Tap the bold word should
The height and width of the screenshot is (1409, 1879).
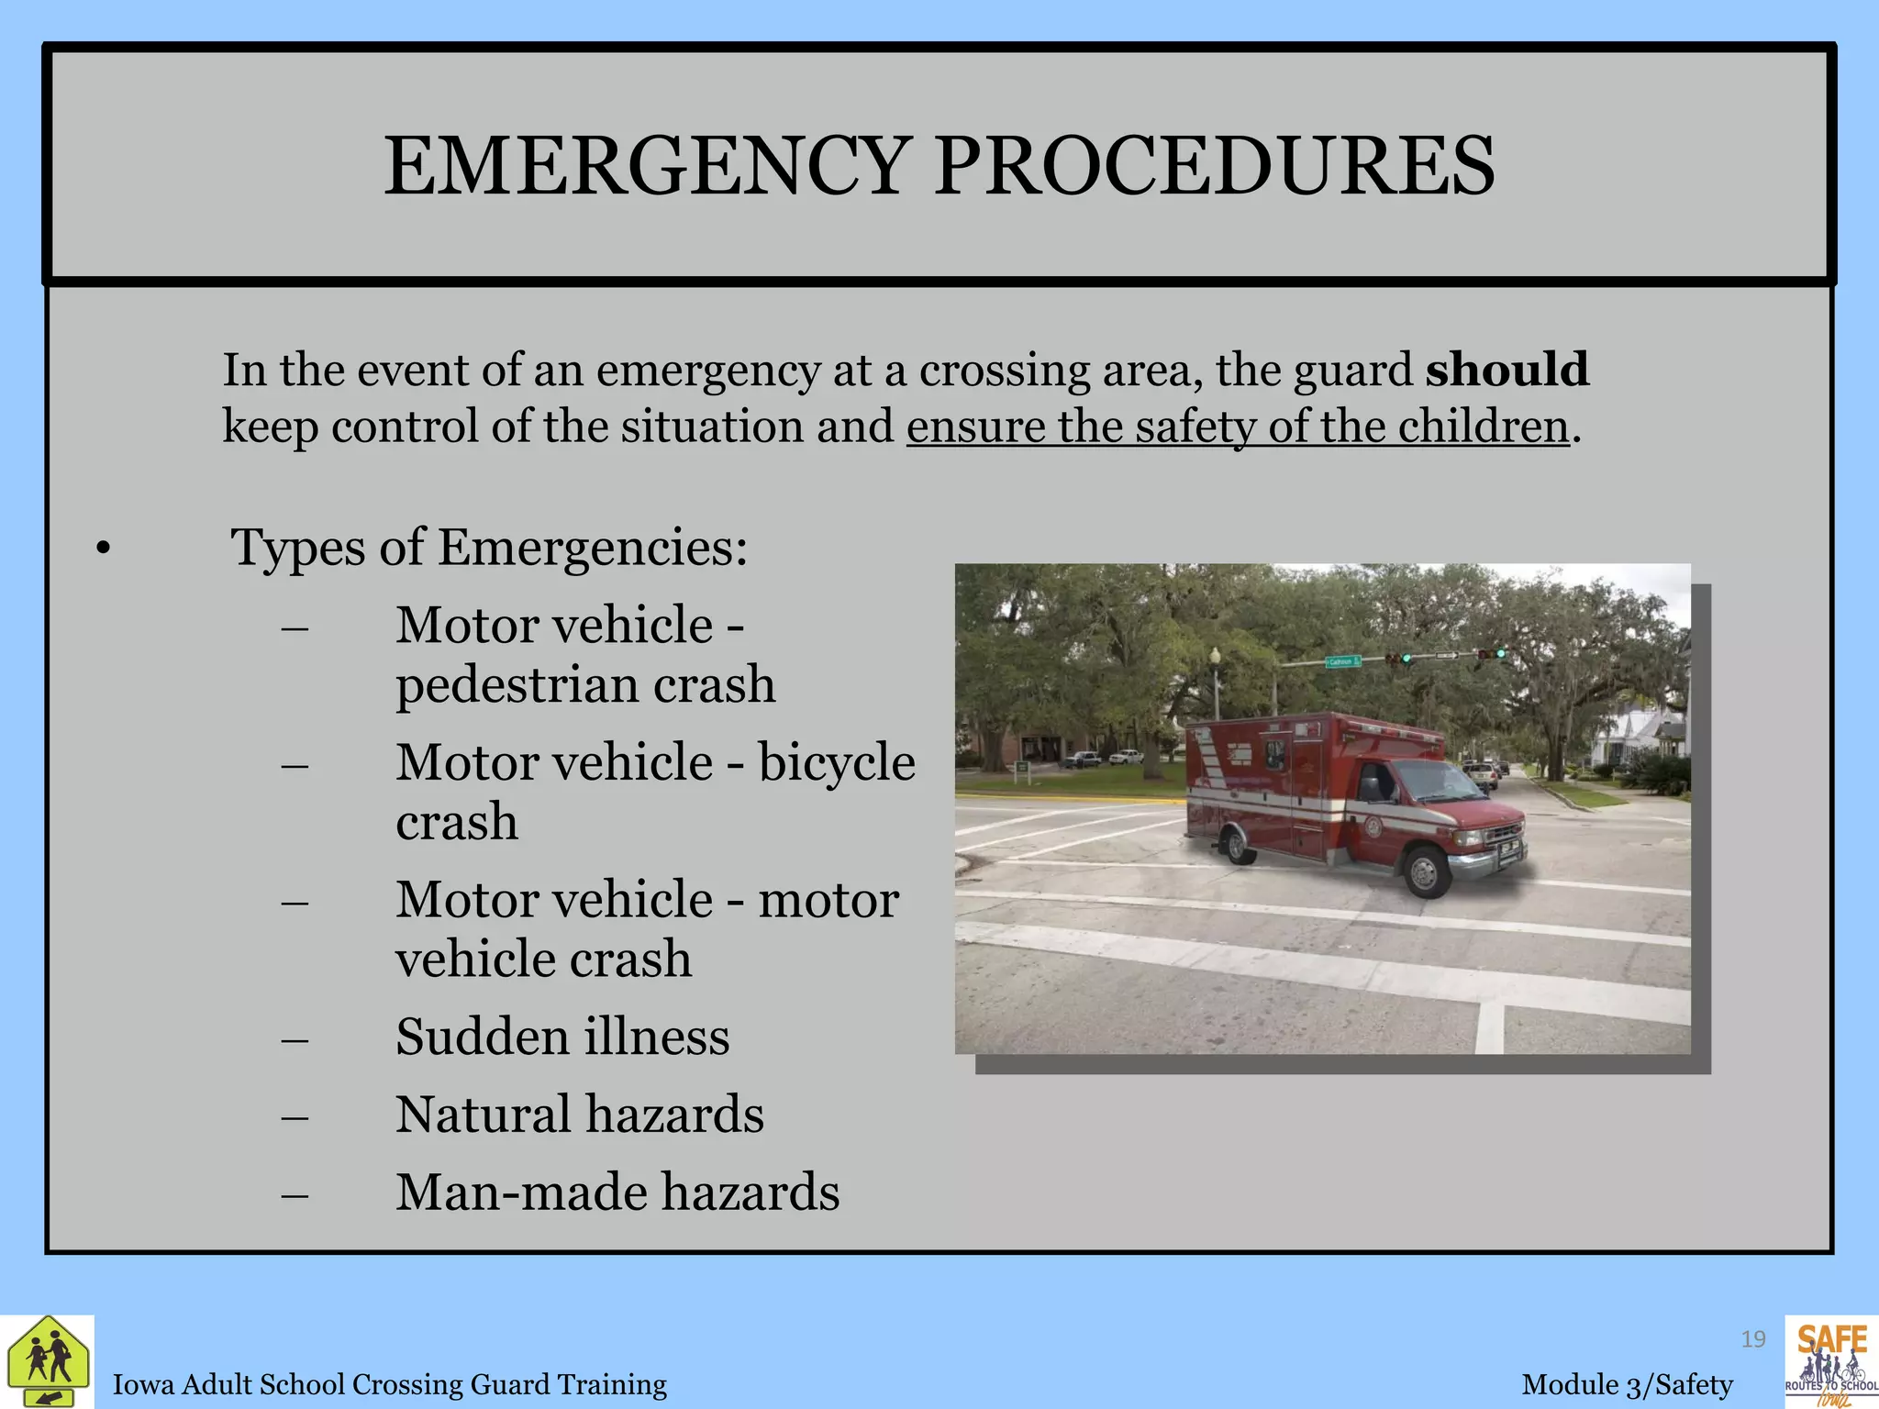pyautogui.click(x=1507, y=369)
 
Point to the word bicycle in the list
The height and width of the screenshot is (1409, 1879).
pyautogui.click(x=836, y=761)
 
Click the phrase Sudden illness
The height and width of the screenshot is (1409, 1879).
pyautogui.click(x=562, y=1037)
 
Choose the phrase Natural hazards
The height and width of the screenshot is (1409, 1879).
pyautogui.click(x=579, y=1114)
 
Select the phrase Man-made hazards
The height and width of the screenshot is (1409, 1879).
pyautogui.click(x=617, y=1192)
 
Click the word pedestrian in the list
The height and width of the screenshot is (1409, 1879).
pyautogui.click(x=517, y=684)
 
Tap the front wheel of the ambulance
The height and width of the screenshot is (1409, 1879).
pyautogui.click(x=1425, y=871)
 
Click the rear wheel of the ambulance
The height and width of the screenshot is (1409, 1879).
pyautogui.click(x=1239, y=843)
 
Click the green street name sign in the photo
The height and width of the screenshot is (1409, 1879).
pyautogui.click(x=1343, y=661)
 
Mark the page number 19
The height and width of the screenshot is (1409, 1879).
pyautogui.click(x=1753, y=1339)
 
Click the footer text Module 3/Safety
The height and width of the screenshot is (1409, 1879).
pyautogui.click(x=1627, y=1384)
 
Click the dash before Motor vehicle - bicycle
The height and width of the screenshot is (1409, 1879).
pyautogui.click(x=295, y=765)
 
